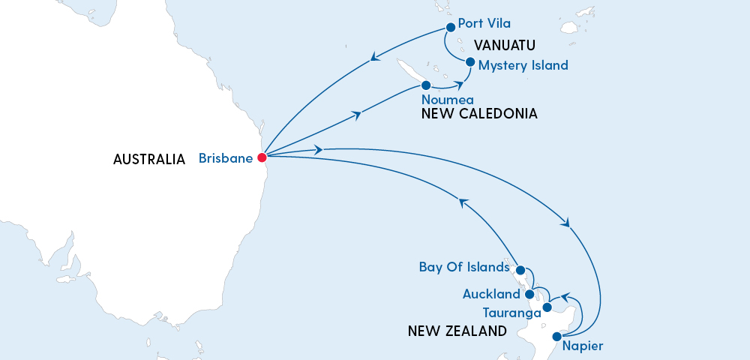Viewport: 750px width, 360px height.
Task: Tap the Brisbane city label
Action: (225, 158)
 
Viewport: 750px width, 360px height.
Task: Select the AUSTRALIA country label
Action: (149, 159)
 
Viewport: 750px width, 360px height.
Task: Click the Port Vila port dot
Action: (451, 28)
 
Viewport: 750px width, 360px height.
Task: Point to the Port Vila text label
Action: (484, 24)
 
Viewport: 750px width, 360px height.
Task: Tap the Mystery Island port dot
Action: (469, 62)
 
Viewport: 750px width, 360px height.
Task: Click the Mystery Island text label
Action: (523, 65)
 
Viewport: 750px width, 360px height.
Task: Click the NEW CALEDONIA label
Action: (479, 114)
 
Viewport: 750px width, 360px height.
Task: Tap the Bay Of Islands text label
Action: (464, 267)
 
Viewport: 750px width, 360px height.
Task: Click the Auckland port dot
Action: (529, 293)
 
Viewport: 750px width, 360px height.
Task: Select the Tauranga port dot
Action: (547, 307)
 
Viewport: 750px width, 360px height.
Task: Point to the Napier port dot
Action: (556, 337)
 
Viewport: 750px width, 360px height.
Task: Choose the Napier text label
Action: (583, 346)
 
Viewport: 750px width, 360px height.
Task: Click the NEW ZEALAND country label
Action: (457, 331)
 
